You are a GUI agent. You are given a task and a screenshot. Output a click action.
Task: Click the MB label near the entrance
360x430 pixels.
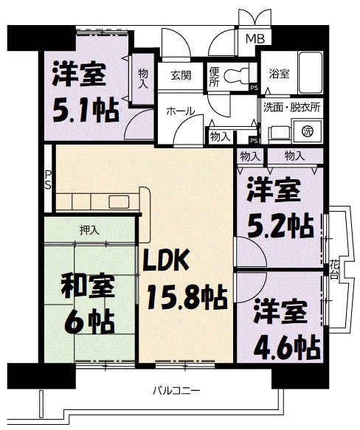click(255, 39)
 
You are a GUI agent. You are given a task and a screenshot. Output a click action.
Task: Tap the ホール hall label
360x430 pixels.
click(180, 111)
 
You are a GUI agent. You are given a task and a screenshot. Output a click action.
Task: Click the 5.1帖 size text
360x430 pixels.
click(85, 110)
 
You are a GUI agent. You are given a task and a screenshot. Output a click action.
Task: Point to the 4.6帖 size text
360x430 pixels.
click(287, 344)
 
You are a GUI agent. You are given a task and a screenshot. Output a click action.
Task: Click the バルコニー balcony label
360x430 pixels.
click(177, 390)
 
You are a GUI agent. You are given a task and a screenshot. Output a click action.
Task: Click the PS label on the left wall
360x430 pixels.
click(47, 180)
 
